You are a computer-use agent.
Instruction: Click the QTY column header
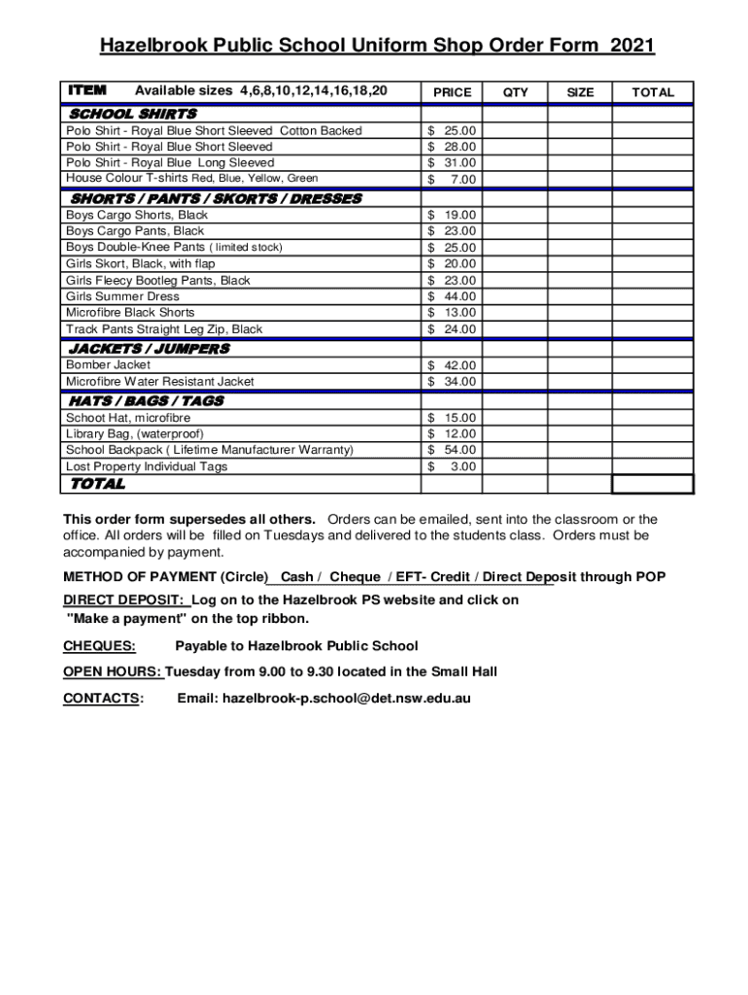pyautogui.click(x=516, y=92)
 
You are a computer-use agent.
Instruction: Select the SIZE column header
pyautogui.click(x=580, y=92)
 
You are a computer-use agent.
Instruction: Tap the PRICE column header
pyautogui.click(x=452, y=92)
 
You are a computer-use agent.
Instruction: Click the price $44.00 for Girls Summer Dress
pyautogui.click(x=452, y=296)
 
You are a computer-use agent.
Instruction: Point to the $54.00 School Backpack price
pyautogui.click(x=452, y=450)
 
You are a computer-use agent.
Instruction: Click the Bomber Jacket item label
pyautogui.click(x=108, y=364)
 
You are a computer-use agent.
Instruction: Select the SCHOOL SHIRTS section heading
pyautogui.click(x=133, y=114)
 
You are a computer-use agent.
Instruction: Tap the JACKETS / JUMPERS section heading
pyautogui.click(x=149, y=348)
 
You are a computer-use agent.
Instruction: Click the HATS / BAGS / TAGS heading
pyautogui.click(x=146, y=400)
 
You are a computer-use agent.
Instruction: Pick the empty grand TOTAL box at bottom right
pyautogui.click(x=652, y=484)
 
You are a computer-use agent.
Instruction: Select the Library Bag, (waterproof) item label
pyautogui.click(x=135, y=433)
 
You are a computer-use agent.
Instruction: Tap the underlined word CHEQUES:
pyautogui.click(x=99, y=645)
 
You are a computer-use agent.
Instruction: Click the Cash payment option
pyautogui.click(x=296, y=577)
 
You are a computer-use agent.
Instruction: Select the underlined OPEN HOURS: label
pyautogui.click(x=113, y=671)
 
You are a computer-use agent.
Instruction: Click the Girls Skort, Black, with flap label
pyautogui.click(x=141, y=263)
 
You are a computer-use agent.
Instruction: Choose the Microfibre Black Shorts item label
pyautogui.click(x=130, y=312)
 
